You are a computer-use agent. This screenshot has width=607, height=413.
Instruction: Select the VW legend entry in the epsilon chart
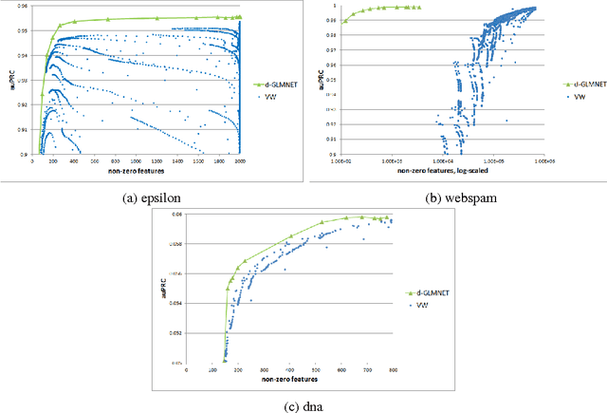pos(268,96)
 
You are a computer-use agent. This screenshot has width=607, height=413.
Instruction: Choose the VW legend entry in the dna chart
pos(422,304)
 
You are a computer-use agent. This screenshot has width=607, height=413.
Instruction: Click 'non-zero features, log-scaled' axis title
pos(443,170)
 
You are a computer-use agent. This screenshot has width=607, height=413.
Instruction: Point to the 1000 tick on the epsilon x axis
pos(138,160)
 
